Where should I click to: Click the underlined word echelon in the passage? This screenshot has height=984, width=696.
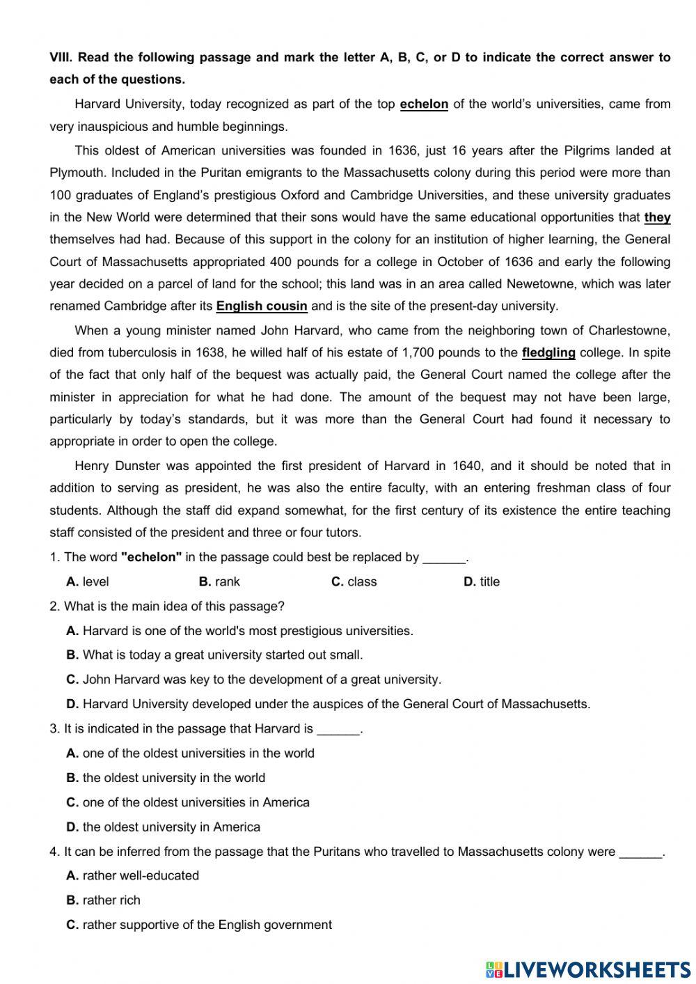coord(424,104)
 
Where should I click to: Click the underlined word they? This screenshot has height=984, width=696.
coord(657,217)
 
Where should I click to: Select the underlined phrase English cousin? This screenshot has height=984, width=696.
coord(262,306)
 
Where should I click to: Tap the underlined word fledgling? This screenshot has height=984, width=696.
coord(548,352)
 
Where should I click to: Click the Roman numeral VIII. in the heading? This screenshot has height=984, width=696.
coord(61,58)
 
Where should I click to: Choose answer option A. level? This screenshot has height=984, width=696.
coord(88,581)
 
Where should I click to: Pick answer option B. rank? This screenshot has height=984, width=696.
coord(219,581)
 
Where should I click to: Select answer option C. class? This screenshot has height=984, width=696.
coord(354,581)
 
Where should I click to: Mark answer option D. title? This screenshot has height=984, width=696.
coord(482,581)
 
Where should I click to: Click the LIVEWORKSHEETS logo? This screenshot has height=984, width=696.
coord(588,969)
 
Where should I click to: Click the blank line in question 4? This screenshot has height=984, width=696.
coord(640,852)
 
